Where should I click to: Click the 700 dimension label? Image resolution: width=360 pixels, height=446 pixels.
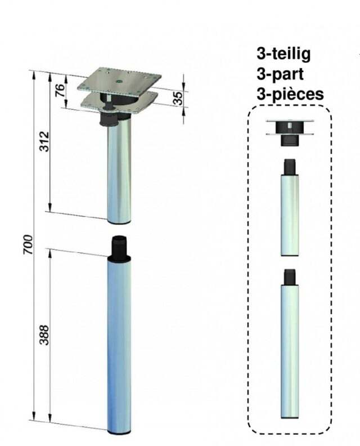point(28,244)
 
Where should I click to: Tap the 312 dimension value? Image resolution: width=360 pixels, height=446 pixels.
point(44,141)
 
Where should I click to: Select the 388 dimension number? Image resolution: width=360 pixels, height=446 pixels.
point(44,335)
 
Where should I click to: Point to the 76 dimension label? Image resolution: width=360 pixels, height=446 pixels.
point(60,91)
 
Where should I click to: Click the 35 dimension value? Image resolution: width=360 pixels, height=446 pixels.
point(178,99)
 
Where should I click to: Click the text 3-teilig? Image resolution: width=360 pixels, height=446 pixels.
point(283,53)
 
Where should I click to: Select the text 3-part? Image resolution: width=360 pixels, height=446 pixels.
point(280,74)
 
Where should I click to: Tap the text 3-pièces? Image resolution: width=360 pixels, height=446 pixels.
point(290,94)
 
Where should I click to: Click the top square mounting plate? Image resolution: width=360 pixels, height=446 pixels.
point(119,79)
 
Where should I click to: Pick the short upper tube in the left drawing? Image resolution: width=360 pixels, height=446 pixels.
point(119,171)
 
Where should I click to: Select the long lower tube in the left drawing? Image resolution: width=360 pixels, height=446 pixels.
point(119,345)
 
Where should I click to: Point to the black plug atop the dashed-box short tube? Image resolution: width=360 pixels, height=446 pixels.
point(290,167)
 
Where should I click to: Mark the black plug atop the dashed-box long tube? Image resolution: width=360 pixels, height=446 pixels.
point(290,276)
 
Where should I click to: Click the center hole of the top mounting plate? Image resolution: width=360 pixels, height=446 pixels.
point(119,81)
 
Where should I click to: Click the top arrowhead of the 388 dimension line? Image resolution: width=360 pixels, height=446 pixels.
point(50,254)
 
